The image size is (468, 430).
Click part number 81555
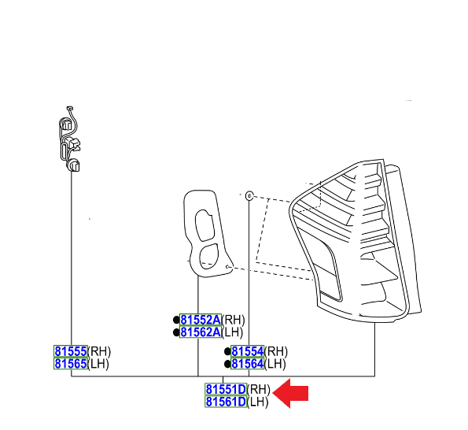(x=71, y=351)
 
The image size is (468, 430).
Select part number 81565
(x=71, y=363)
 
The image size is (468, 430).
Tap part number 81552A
(x=201, y=320)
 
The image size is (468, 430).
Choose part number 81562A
(x=201, y=332)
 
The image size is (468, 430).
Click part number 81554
(x=248, y=351)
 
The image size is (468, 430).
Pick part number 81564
(x=248, y=363)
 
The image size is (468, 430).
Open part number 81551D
(x=226, y=389)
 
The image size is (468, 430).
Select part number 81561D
(x=226, y=402)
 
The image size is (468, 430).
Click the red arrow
(x=290, y=393)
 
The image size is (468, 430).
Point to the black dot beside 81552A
(x=176, y=320)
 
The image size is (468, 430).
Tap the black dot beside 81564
(x=227, y=364)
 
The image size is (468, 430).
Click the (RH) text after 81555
(x=99, y=351)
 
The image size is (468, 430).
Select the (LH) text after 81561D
(x=258, y=402)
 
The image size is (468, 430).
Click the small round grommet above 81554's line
(x=249, y=196)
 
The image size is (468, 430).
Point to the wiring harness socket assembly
(x=70, y=139)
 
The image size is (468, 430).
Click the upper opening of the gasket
(x=205, y=225)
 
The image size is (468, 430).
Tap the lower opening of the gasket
(x=208, y=256)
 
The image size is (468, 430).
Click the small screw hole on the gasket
(x=228, y=266)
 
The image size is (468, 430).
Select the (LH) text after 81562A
(x=233, y=332)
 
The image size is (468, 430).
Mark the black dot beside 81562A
(x=176, y=332)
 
